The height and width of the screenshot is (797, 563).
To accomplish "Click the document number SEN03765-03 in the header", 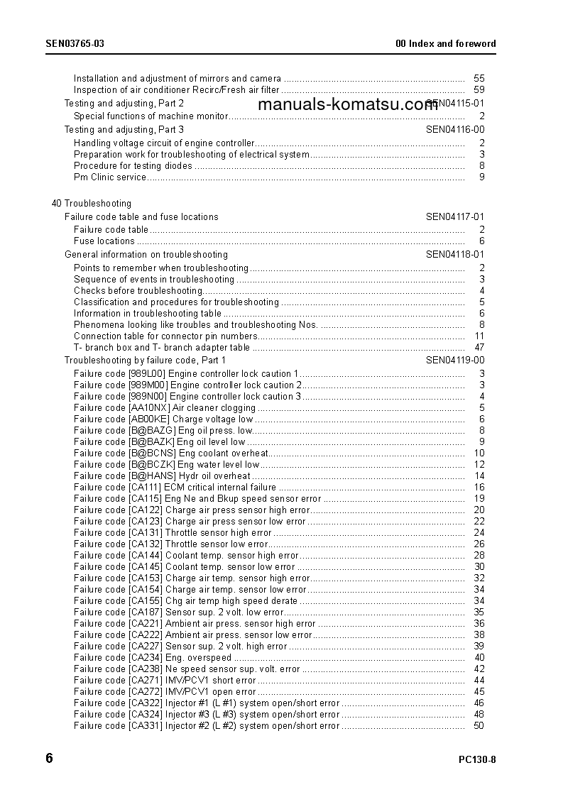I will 75,43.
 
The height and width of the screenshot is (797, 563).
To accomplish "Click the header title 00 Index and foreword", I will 445,43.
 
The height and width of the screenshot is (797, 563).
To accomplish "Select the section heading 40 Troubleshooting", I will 91,204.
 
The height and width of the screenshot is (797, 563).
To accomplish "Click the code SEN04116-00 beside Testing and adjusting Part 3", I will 455,130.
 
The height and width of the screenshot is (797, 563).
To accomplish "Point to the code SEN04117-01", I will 455,217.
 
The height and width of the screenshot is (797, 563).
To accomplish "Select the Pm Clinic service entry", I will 110,177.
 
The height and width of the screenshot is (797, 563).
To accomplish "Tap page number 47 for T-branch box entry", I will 479,348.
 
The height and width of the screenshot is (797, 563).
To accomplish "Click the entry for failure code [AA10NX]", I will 165,408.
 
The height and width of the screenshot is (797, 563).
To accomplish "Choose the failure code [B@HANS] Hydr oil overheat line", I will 162,476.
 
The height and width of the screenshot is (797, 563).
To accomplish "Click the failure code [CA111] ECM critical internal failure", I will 175,488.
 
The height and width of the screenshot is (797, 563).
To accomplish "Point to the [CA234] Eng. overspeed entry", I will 153,658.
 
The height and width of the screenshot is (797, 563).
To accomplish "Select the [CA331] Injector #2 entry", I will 207,726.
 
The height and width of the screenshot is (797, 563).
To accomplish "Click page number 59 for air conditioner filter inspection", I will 479,90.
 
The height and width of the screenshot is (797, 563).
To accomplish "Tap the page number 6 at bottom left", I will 49,758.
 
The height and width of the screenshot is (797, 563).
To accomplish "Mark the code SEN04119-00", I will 455,361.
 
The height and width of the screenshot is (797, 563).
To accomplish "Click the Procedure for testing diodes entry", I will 133,166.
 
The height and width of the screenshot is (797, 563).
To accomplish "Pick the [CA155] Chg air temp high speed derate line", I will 185,601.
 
